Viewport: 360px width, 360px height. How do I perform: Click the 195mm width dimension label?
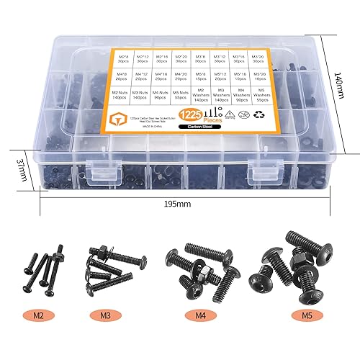[181, 204]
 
